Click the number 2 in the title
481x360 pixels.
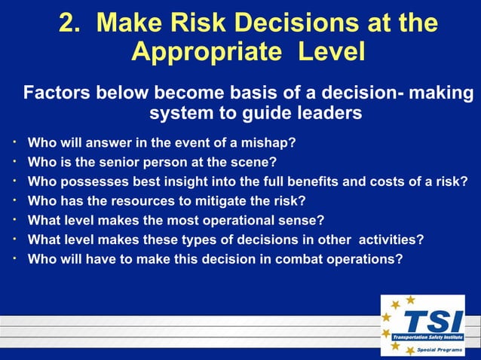pyautogui.click(x=69, y=23)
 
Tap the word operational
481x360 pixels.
pyautogui.click(x=237, y=221)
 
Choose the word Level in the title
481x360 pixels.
pyautogui.click(x=331, y=52)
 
